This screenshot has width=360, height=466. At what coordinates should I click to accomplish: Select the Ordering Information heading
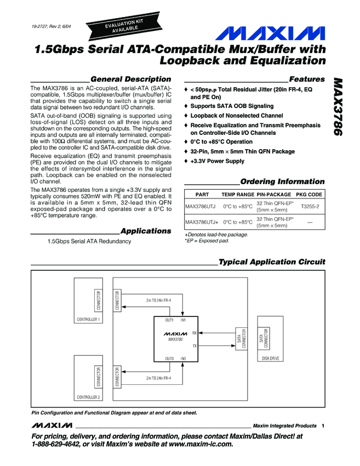click(x=282, y=181)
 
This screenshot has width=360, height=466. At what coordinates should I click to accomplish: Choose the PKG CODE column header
click(x=309, y=195)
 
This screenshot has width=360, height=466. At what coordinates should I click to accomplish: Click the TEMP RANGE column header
click(x=237, y=195)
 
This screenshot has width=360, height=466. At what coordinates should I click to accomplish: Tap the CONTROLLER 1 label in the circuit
click(x=88, y=320)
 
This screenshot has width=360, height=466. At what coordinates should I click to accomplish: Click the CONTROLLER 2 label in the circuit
click(x=88, y=397)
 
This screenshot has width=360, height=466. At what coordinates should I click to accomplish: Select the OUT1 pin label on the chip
click(x=169, y=320)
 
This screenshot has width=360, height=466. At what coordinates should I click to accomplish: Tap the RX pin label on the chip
click(x=195, y=333)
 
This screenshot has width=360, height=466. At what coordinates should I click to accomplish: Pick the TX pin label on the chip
click(x=195, y=346)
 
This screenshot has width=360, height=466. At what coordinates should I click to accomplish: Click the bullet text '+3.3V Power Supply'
click(x=218, y=161)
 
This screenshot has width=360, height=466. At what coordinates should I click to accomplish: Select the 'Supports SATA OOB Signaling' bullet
click(x=232, y=106)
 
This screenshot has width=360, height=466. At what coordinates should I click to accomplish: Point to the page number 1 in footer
click(x=324, y=426)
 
